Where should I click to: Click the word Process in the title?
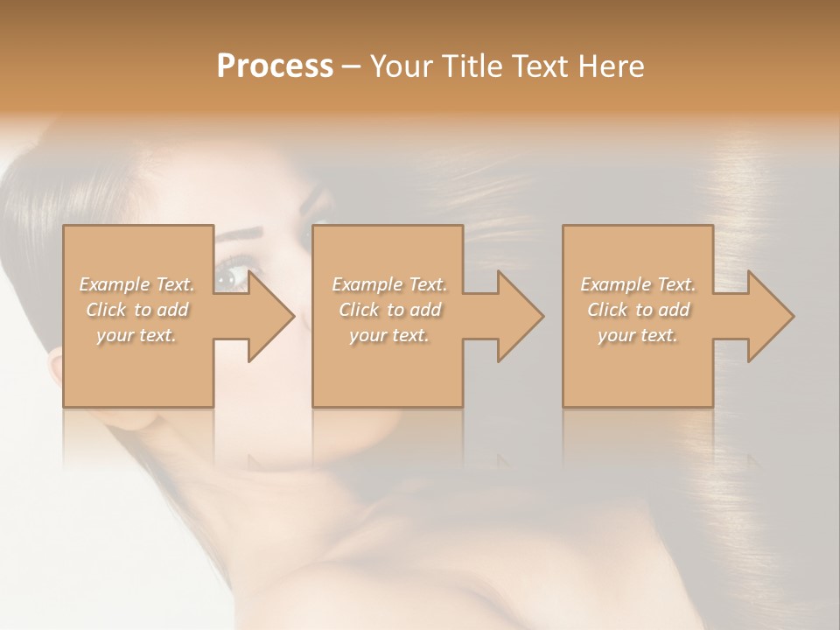275,66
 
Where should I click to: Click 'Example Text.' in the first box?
137,284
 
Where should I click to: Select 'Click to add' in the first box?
137,310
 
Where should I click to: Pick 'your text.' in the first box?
137,335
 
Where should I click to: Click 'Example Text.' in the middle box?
389,284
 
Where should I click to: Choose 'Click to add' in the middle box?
389,310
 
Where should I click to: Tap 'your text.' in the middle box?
389,335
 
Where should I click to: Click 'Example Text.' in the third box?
638,284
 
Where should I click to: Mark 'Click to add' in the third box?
638,310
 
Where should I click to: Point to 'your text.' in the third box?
638,335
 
